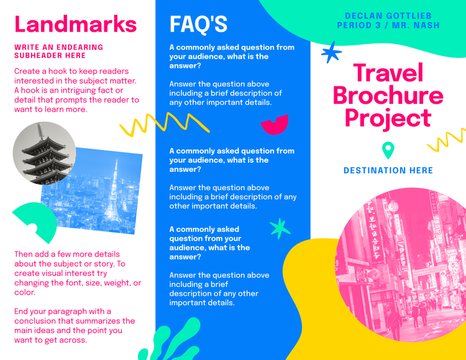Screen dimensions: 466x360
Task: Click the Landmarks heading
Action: [75, 24]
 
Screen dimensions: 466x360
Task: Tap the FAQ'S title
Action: [198, 24]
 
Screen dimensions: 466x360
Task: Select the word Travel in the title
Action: [388, 72]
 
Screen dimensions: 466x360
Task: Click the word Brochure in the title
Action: [388, 95]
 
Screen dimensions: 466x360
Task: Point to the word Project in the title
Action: [388, 118]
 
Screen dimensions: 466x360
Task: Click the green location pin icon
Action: [388, 150]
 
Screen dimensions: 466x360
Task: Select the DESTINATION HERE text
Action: [388, 170]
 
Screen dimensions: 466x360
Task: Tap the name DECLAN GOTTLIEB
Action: [388, 16]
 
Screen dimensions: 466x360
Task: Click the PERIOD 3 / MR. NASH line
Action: [388, 25]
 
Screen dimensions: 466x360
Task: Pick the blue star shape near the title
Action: [331, 53]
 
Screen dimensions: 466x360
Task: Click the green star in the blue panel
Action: [280, 228]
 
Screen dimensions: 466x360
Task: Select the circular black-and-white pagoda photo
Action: [44, 153]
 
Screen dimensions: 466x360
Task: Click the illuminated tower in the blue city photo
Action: [114, 193]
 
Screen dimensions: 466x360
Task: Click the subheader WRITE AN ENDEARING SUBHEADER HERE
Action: [58, 51]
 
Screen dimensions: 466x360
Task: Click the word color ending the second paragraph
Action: [24, 292]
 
